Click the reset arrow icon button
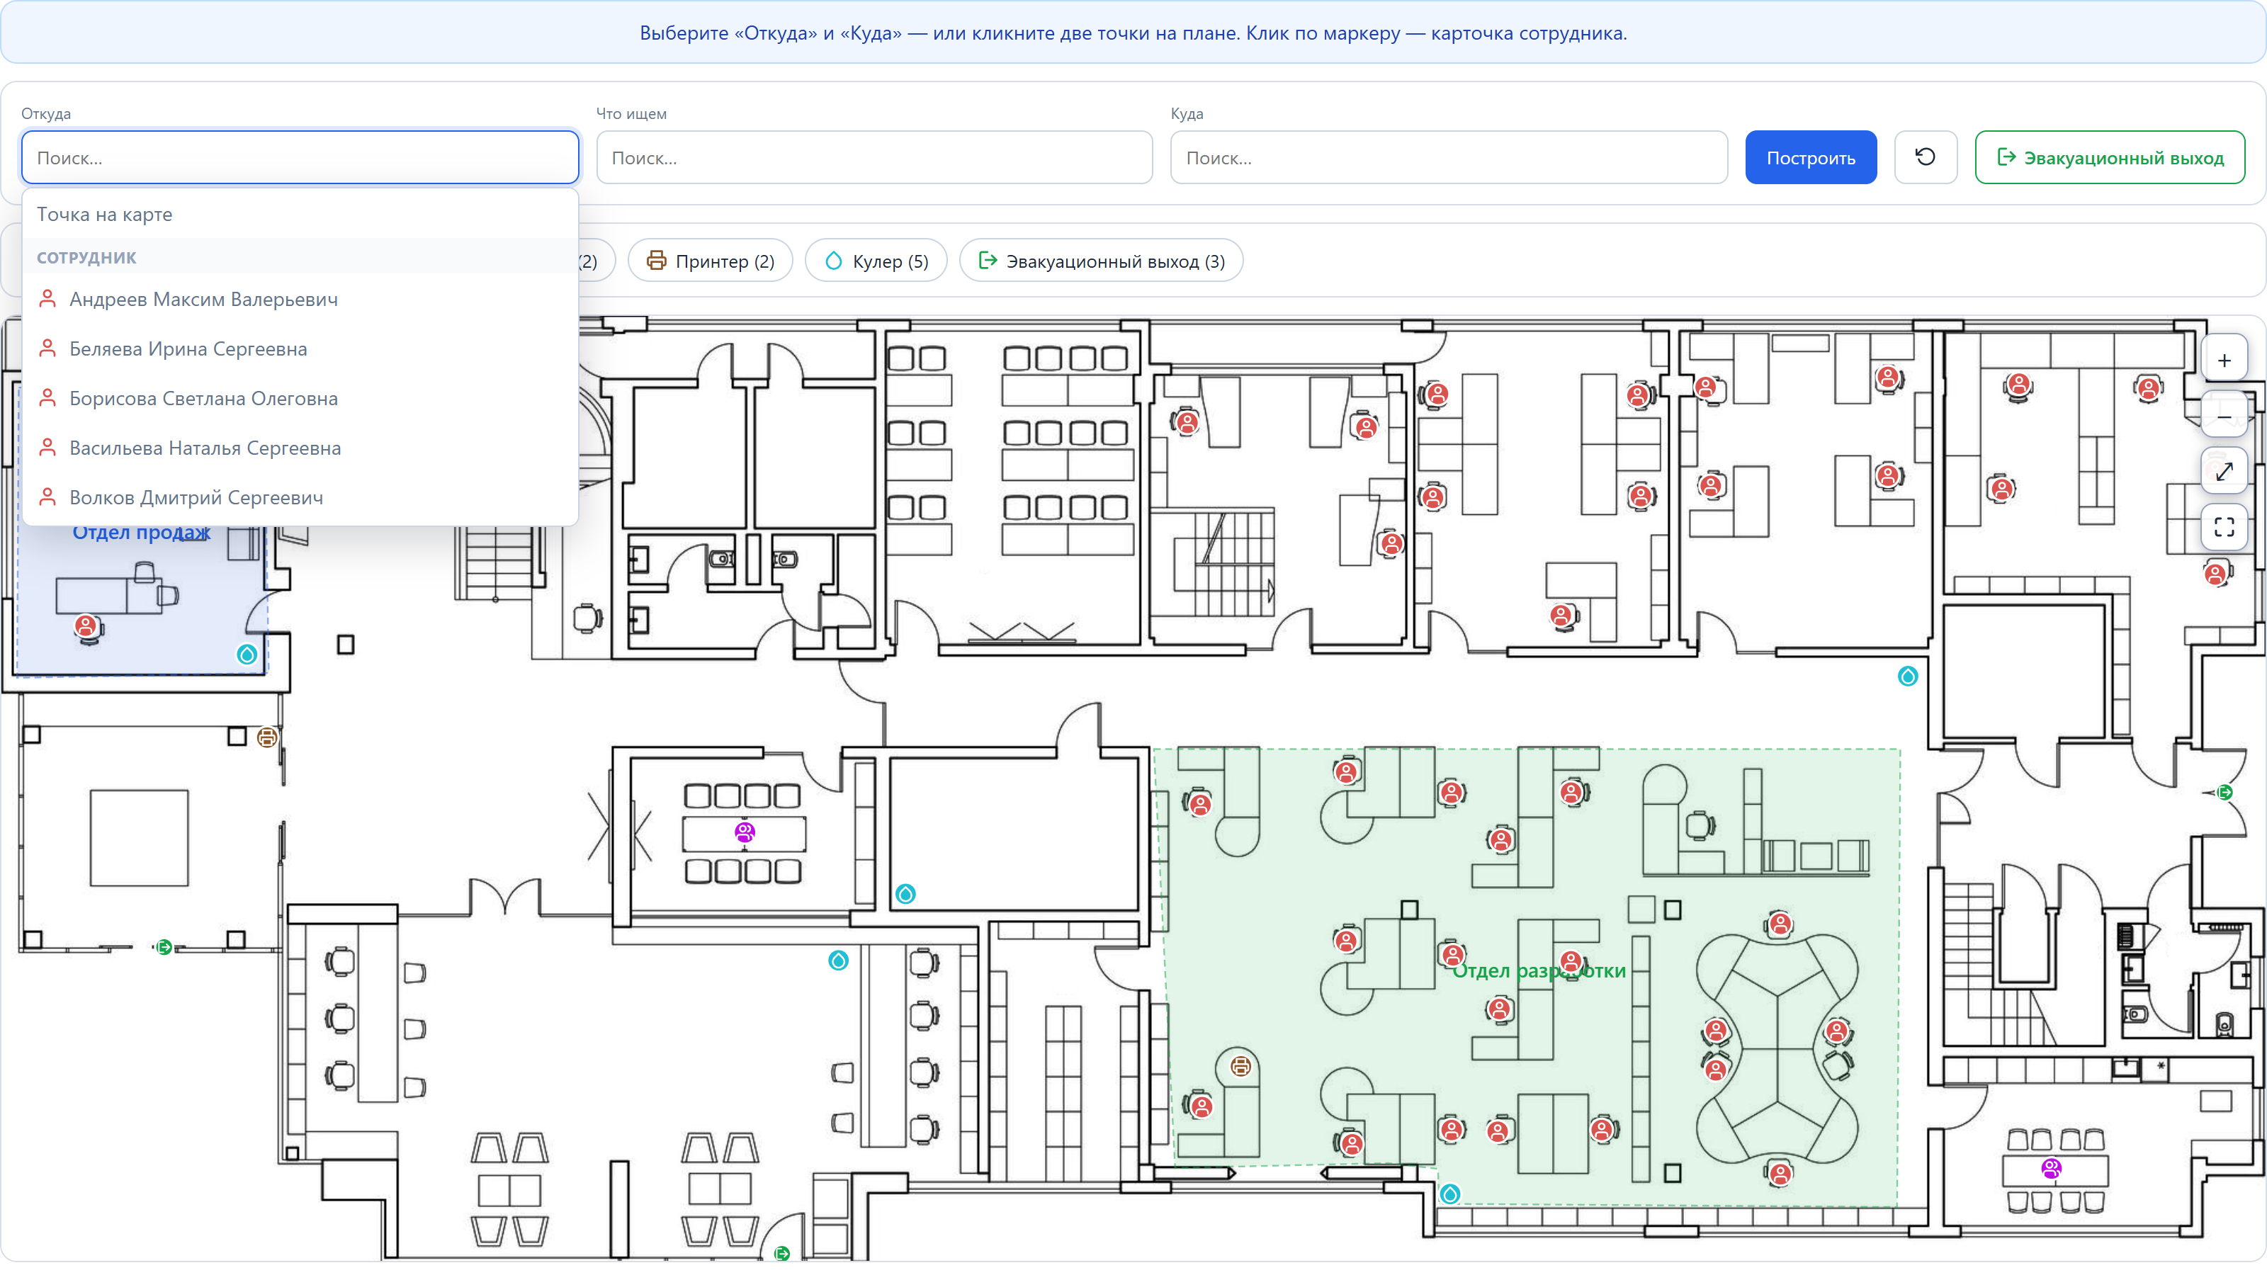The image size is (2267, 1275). click(x=1926, y=157)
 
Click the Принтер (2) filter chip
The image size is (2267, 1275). click(x=710, y=261)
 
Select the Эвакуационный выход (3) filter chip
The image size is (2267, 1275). click(x=1101, y=261)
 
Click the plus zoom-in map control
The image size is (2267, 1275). click(x=2224, y=360)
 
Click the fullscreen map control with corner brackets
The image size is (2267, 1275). click(x=2224, y=526)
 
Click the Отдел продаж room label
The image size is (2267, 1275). click(x=141, y=533)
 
